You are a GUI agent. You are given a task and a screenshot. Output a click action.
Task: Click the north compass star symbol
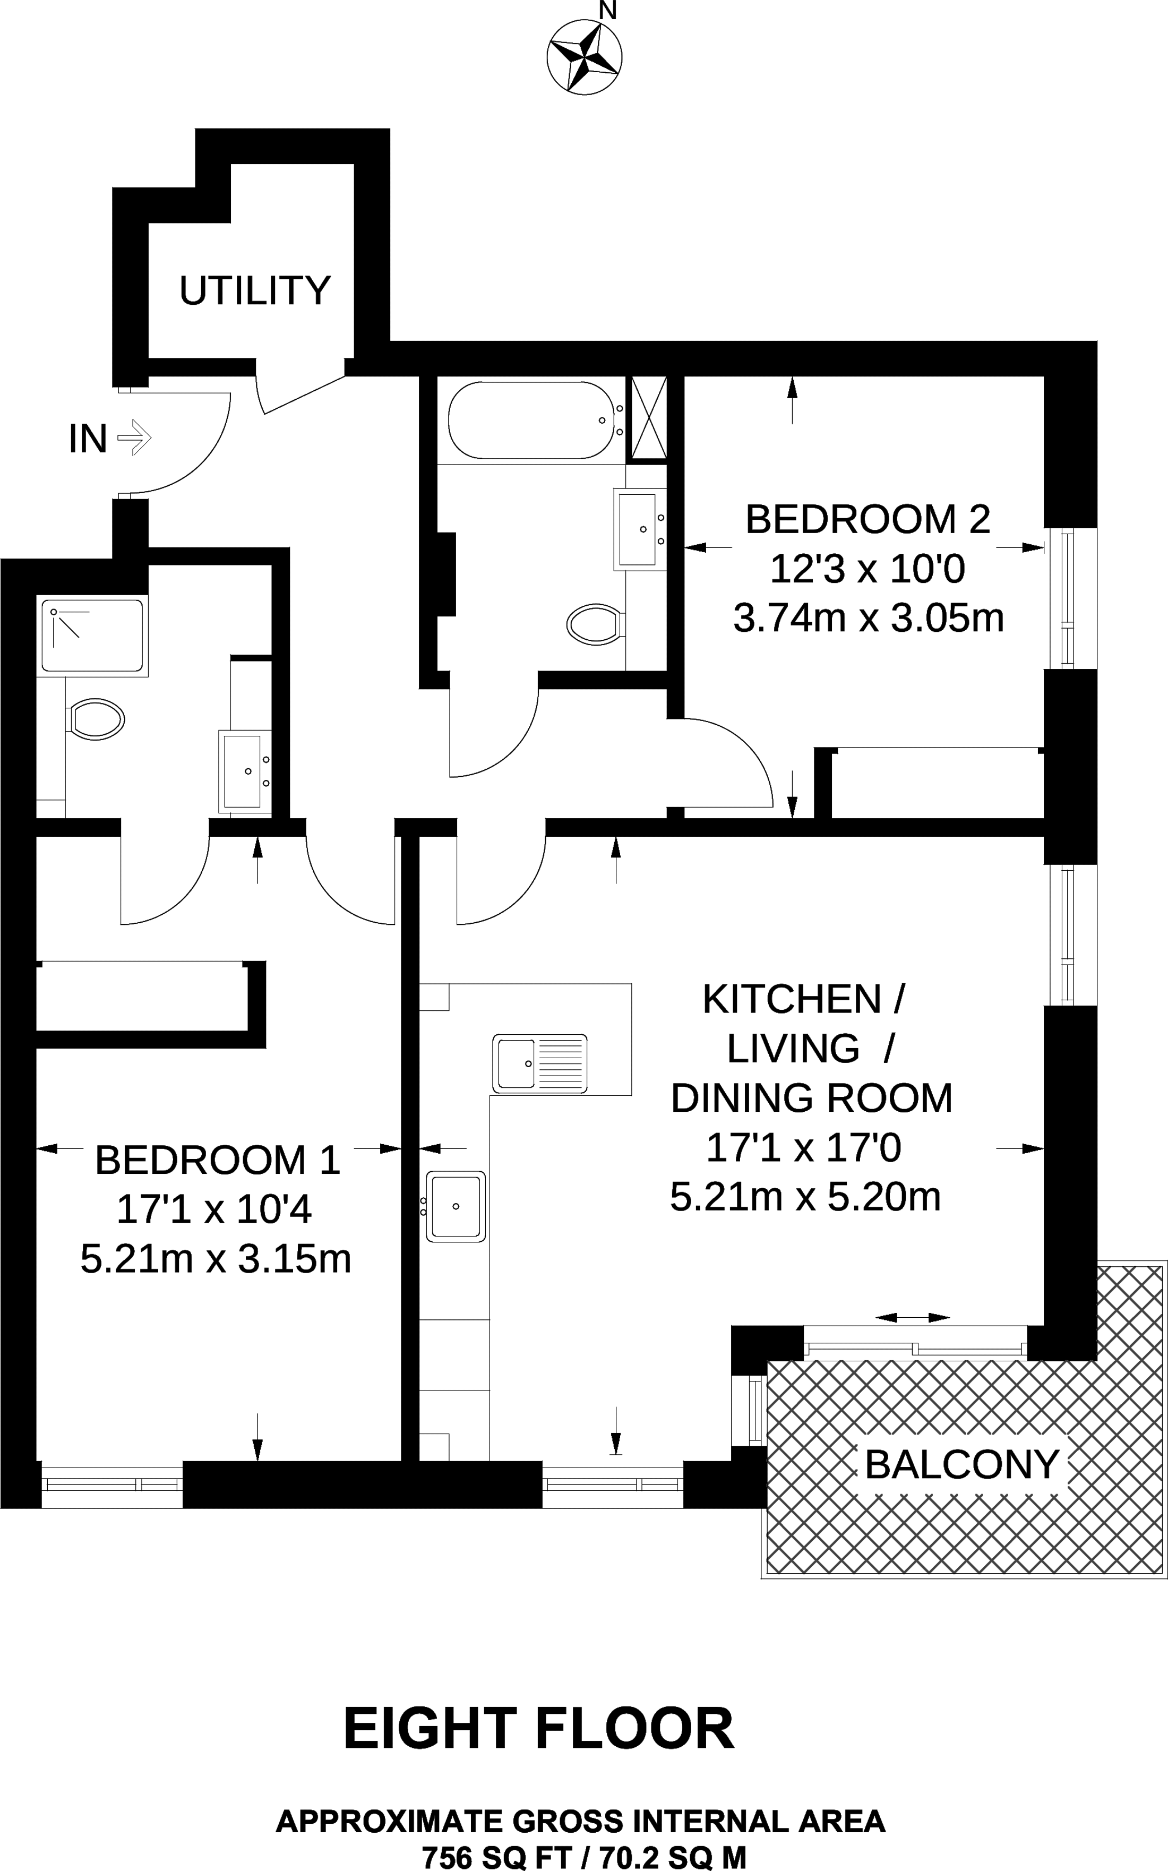click(584, 56)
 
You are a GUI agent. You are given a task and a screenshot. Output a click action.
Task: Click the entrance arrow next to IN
click(134, 438)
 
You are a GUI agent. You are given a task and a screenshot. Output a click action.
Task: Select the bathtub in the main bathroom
click(533, 420)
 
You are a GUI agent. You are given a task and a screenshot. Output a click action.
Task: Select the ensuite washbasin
click(245, 771)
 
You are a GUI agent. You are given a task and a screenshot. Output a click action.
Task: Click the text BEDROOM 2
click(868, 519)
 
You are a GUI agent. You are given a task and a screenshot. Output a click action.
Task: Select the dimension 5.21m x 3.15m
click(216, 1259)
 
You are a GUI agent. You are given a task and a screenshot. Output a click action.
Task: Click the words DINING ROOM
click(812, 1098)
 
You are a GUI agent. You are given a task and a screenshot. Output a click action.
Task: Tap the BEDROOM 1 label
click(218, 1160)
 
